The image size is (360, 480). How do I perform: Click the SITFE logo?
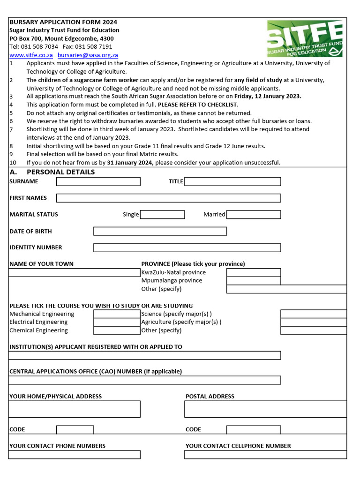(x=305, y=39)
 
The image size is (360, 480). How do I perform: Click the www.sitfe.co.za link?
(x=31, y=55)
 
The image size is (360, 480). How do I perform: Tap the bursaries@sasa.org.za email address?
(x=88, y=55)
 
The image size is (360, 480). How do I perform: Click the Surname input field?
(x=98, y=181)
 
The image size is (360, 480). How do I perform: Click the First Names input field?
(x=168, y=198)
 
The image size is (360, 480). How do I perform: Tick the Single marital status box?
(x=162, y=214)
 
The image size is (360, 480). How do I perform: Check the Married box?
(x=254, y=214)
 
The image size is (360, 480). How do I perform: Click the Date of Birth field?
(x=160, y=231)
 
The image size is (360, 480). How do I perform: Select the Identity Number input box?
(x=187, y=247)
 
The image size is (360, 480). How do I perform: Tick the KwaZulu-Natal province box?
(x=254, y=272)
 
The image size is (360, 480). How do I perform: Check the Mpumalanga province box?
(x=254, y=280)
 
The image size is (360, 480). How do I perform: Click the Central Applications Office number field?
(x=145, y=380)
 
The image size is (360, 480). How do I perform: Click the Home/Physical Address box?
(x=75, y=409)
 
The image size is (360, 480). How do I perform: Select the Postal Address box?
(x=265, y=409)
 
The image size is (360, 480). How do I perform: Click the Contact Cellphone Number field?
(x=265, y=454)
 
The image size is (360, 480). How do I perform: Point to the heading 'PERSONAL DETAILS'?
(x=64, y=172)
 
